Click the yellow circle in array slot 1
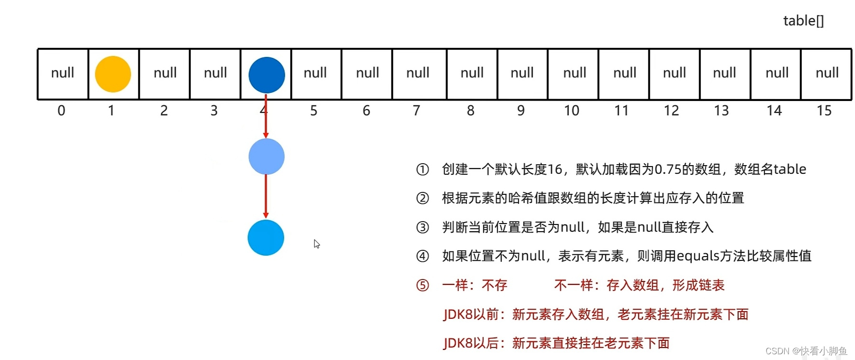pos(113,74)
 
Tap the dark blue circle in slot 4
pos(266,75)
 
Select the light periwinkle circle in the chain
pos(266,157)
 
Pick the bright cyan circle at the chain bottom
pos(266,238)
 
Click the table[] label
pos(803,21)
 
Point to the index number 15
pos(824,111)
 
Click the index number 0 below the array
pos(61,111)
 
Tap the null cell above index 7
pos(418,73)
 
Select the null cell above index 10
pos(574,73)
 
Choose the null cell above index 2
pos(165,73)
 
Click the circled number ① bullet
pos(422,169)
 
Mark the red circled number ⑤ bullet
pos(422,286)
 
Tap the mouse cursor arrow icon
pos(316,244)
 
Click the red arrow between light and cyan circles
pos(266,196)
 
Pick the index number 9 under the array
pos(521,111)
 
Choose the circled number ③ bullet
pos(422,227)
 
